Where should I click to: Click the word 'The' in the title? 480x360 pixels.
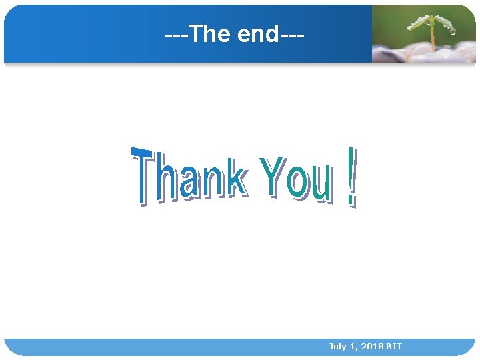coord(209,34)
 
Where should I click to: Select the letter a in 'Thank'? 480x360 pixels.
coord(189,183)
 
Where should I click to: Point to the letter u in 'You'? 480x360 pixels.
coord(320,184)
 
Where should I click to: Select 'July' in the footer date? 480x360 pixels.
coord(337,347)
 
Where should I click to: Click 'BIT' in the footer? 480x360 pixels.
coord(394,347)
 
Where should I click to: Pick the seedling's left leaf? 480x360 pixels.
coord(419,22)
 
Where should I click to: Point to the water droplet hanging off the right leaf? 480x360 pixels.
coord(453,31)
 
